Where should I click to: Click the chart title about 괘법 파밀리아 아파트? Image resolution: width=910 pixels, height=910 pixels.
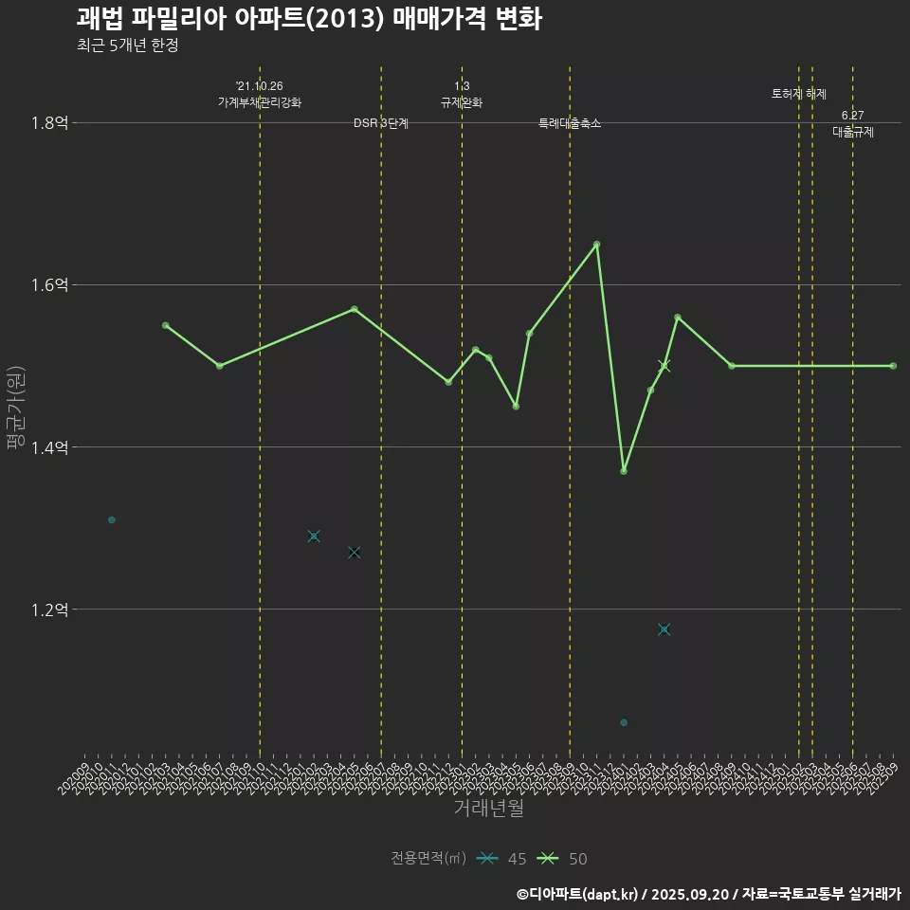click(309, 19)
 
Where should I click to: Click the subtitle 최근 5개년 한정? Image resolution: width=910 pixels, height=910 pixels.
click(128, 45)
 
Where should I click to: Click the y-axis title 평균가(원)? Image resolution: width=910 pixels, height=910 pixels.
click(17, 407)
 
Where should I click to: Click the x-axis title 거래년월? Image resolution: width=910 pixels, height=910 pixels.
click(488, 809)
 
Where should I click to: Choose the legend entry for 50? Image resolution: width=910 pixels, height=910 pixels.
click(561, 859)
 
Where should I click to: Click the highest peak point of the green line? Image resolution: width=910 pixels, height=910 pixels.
click(596, 245)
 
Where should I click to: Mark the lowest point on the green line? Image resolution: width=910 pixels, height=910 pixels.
click(624, 471)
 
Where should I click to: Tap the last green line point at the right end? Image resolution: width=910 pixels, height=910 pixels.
click(893, 366)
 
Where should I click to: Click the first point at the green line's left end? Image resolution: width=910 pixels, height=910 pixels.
click(166, 325)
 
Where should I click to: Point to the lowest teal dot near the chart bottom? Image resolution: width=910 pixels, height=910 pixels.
click(624, 723)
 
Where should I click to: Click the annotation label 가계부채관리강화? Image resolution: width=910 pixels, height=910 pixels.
click(260, 102)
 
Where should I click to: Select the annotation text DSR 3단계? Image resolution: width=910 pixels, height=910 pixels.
click(381, 124)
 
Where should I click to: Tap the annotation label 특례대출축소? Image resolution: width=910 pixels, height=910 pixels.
click(570, 124)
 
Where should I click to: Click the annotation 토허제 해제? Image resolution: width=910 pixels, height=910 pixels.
click(799, 95)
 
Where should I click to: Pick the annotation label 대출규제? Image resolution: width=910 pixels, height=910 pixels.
click(853, 133)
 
